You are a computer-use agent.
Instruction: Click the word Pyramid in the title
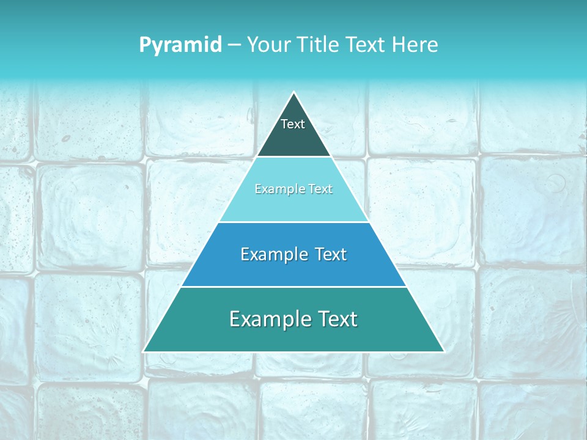click(x=180, y=45)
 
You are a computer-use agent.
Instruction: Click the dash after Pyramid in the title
click(x=234, y=45)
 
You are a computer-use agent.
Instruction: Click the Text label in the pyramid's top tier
click(x=293, y=124)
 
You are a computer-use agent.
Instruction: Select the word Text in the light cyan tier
click(x=320, y=189)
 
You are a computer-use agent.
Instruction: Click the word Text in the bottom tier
click(x=338, y=319)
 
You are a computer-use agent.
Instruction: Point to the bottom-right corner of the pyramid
click(x=444, y=351)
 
